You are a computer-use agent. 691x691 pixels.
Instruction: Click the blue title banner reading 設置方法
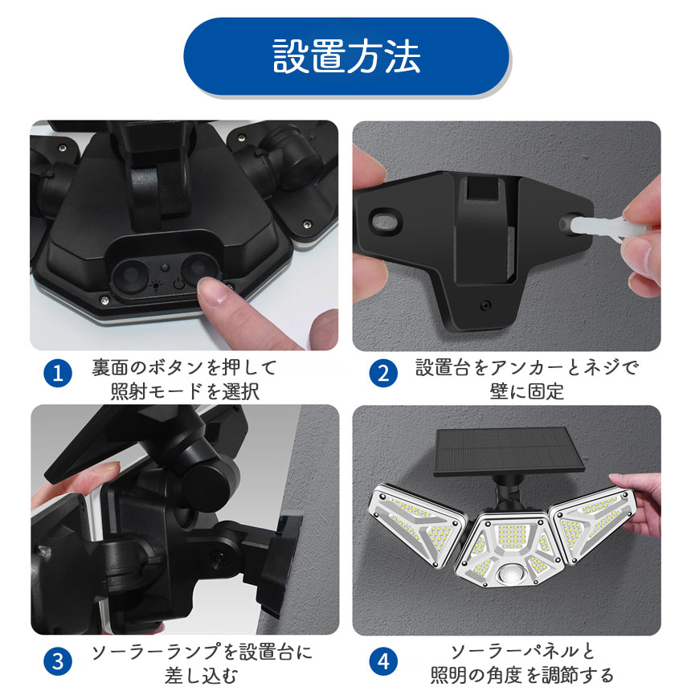coord(346,56)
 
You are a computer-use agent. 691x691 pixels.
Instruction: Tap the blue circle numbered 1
coord(58,374)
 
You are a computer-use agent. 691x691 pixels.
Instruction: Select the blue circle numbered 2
coord(383,374)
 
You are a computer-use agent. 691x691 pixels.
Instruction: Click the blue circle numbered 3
coord(58,661)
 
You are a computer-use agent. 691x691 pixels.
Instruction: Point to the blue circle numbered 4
coord(383,661)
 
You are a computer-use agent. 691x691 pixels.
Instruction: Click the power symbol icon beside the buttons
coord(178,283)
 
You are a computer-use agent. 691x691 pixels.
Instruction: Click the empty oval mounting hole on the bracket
coord(386,219)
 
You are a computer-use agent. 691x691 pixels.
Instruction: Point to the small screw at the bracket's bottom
coord(485,305)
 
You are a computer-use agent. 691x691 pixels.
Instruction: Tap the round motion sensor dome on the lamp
coord(512,576)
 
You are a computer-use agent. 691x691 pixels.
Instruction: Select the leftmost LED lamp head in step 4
coord(417,525)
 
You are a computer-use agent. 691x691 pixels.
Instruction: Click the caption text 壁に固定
coord(526,390)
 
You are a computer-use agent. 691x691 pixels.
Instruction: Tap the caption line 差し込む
coord(202,676)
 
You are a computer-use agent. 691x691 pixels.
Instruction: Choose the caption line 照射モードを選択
coord(185,390)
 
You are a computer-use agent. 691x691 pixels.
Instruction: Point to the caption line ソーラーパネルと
coord(523,652)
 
